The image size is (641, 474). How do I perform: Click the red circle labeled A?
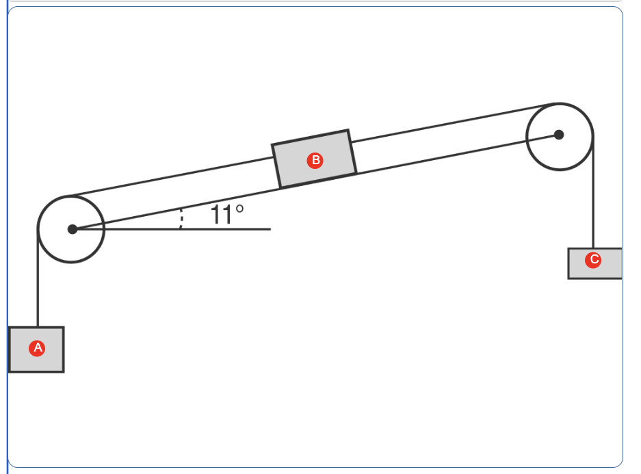point(38,348)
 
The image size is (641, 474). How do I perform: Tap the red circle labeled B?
point(315,161)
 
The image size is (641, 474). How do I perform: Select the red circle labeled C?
point(593,260)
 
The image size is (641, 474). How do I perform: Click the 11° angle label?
point(226,215)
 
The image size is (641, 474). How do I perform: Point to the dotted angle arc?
point(181,218)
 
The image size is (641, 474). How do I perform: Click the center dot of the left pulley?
point(73,229)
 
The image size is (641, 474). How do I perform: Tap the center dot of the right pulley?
point(559,135)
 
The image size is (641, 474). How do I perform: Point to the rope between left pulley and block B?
point(171,178)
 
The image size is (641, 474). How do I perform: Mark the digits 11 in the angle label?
point(221,215)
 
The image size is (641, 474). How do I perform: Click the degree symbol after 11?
point(239,207)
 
